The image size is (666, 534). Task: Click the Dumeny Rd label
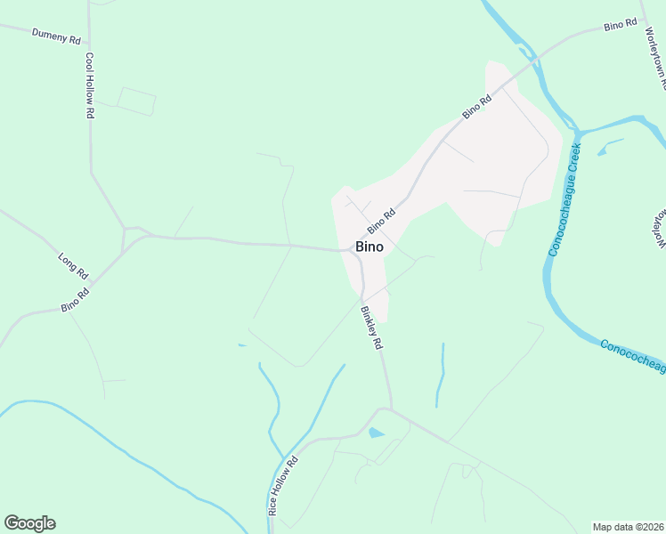56,36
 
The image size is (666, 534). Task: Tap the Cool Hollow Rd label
90,85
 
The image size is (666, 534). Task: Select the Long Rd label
73,263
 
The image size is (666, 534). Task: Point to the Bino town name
370,247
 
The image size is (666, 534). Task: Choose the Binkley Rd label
371,328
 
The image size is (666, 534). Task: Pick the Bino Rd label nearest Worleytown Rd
620,25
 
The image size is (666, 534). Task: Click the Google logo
29,522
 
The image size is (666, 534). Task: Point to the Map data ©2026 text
629,527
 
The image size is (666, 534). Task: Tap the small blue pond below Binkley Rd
376,433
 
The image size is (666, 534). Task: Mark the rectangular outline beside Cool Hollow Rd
135,101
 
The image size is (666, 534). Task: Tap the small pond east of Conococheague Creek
602,150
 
